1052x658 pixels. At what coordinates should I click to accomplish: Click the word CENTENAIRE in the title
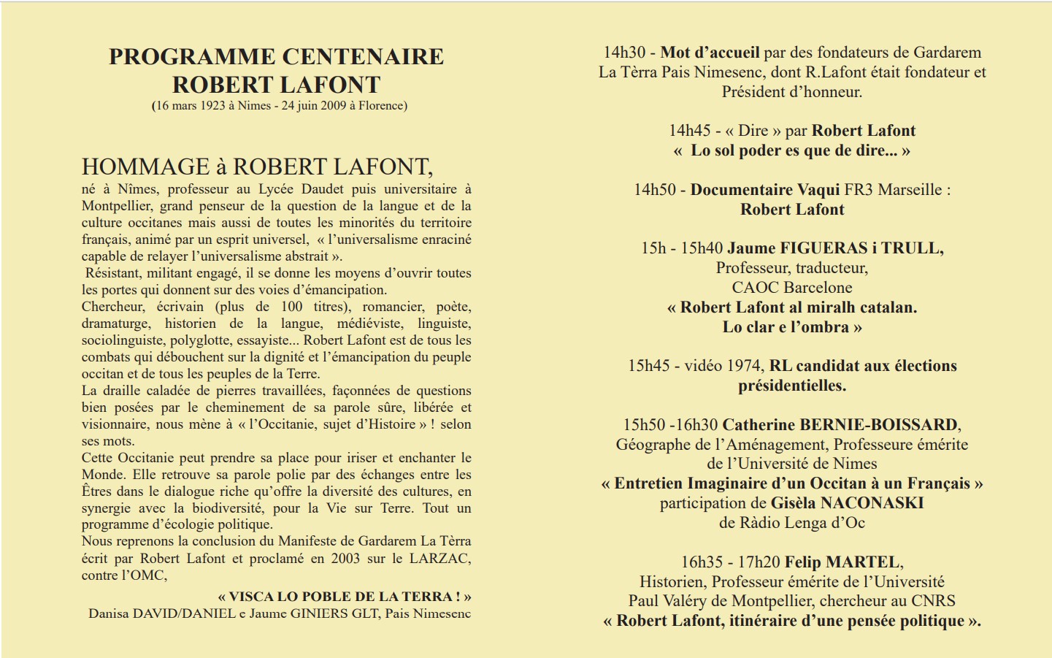363,57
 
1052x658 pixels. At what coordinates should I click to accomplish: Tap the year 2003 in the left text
345,559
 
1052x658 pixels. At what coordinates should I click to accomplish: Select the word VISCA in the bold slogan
249,597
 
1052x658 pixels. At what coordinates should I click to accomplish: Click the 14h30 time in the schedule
624,53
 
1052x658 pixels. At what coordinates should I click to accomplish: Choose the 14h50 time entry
655,190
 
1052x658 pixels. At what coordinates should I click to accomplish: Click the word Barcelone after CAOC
817,288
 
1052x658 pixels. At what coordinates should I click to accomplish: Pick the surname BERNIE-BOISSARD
878,425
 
